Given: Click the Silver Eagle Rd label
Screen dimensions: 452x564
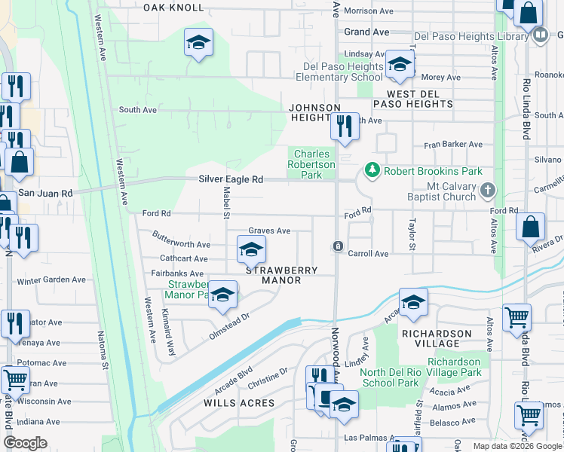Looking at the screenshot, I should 231,179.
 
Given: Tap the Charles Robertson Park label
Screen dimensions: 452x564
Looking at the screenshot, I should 311,164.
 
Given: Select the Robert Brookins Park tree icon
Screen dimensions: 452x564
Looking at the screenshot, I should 372,171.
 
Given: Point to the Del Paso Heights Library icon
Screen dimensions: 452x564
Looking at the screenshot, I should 540,35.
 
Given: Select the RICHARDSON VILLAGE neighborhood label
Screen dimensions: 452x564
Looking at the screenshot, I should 437,333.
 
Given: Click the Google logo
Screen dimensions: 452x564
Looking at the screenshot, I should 26,443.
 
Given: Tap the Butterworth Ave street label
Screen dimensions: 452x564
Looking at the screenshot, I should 181,245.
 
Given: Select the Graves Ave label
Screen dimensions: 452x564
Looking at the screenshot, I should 269,231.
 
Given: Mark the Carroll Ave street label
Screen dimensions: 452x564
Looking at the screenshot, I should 368,254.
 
